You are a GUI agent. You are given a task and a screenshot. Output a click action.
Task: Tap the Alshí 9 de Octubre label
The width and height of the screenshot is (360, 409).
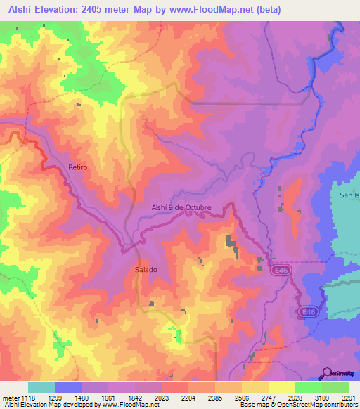[181, 207]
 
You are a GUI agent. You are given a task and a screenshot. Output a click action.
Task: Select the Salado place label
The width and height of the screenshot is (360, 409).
[146, 270]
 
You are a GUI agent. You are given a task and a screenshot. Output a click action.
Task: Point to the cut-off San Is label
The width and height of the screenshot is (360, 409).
[349, 195]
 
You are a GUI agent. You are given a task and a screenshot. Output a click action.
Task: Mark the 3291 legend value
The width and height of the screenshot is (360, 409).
[349, 398]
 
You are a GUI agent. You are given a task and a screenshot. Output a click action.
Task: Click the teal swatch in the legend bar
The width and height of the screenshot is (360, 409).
[41, 387]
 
